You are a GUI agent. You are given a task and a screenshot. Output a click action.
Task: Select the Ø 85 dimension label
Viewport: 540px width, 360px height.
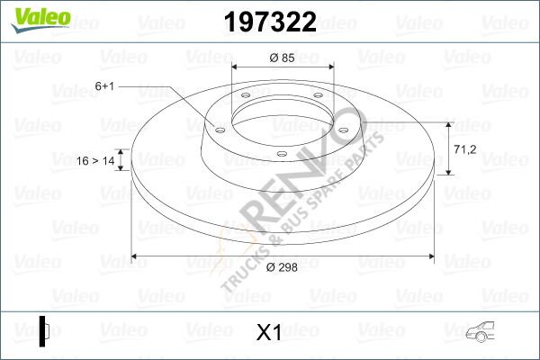(x=283, y=60)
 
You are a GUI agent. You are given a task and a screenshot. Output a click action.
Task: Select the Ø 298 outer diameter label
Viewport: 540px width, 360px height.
(x=281, y=267)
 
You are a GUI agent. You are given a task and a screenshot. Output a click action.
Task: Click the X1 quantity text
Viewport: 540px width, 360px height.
(x=269, y=332)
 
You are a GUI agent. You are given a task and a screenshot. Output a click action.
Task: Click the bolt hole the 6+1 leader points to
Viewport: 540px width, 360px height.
(x=218, y=127)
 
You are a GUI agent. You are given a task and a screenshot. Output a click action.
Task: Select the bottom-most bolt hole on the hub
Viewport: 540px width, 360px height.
(x=281, y=154)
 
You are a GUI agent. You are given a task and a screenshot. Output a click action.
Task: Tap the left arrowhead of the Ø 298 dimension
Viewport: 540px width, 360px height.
(x=138, y=256)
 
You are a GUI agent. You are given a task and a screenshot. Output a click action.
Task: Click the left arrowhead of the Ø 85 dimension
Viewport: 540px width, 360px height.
(x=237, y=69)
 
